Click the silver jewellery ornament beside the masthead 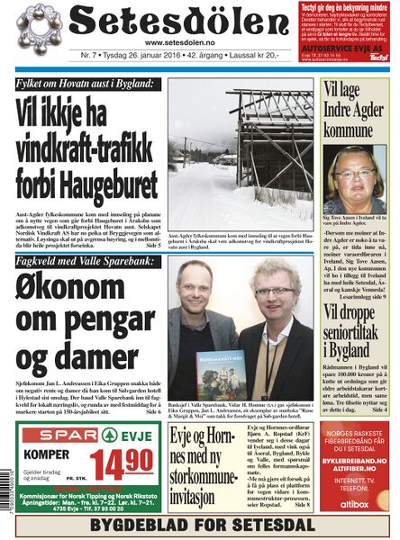(34, 31)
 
